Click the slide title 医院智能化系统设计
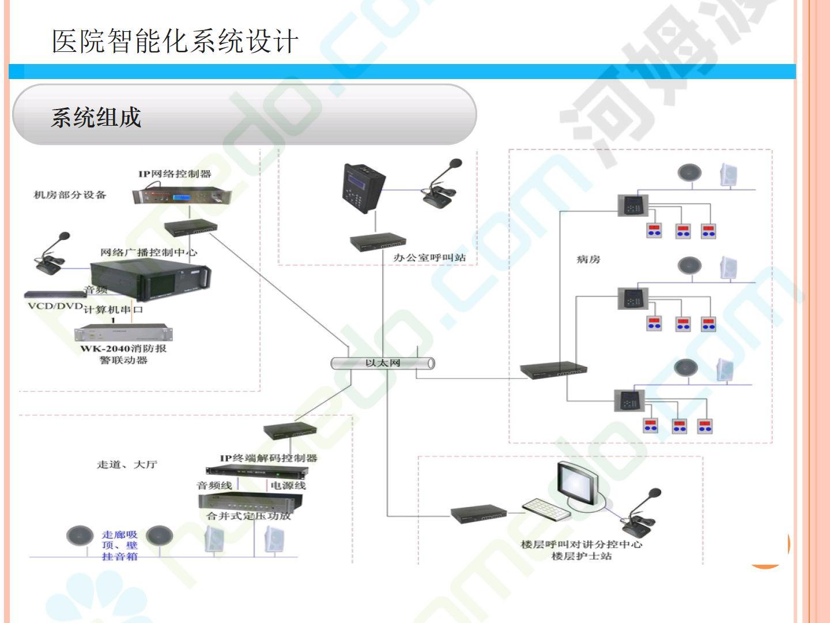click(175, 42)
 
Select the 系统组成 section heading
click(96, 118)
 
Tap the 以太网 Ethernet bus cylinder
click(383, 363)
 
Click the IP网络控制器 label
click(174, 174)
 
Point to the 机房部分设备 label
click(70, 195)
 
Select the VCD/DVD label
click(55, 306)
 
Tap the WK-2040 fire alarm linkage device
click(123, 333)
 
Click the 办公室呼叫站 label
click(429, 258)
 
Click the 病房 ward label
click(588, 260)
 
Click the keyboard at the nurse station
click(545, 508)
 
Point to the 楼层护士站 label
click(581, 556)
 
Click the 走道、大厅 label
click(127, 464)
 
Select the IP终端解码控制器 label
click(268, 458)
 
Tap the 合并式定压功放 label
click(248, 516)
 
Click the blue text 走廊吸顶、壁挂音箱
click(120, 546)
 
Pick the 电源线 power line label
click(288, 486)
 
